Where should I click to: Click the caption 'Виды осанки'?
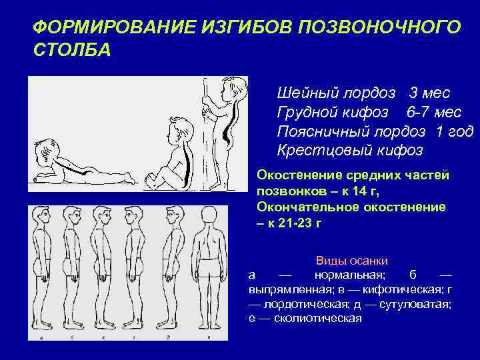tap(351, 260)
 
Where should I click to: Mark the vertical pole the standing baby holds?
tap(206, 127)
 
